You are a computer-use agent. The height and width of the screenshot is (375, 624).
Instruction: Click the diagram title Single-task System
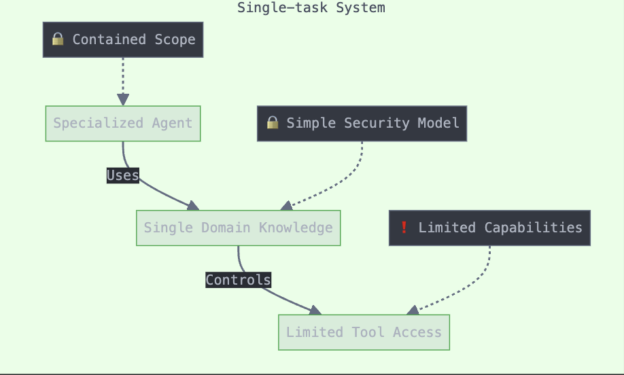[311, 8]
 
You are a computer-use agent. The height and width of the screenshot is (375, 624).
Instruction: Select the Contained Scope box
[123, 39]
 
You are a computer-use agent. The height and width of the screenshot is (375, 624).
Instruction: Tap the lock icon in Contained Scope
[58, 39]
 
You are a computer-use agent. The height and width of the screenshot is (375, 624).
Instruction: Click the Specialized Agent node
[123, 124]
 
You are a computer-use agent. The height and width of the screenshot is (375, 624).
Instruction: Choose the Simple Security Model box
[362, 124]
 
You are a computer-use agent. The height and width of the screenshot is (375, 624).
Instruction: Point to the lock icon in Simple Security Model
[273, 123]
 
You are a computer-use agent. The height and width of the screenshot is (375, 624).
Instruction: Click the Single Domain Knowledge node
[238, 228]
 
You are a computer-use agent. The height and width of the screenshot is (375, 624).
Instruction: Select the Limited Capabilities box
[489, 228]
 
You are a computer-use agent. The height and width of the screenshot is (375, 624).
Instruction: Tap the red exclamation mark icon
[404, 228]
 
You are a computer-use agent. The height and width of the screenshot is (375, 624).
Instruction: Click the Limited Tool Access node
[364, 332]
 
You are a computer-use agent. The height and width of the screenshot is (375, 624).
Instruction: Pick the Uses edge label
[123, 176]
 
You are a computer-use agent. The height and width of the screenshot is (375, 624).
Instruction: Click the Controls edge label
[238, 280]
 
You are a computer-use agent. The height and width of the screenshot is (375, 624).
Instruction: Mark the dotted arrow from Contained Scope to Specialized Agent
[123, 78]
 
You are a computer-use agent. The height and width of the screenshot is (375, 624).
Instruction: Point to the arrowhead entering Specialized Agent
[123, 101]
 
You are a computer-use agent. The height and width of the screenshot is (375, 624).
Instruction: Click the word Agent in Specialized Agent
[173, 124]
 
